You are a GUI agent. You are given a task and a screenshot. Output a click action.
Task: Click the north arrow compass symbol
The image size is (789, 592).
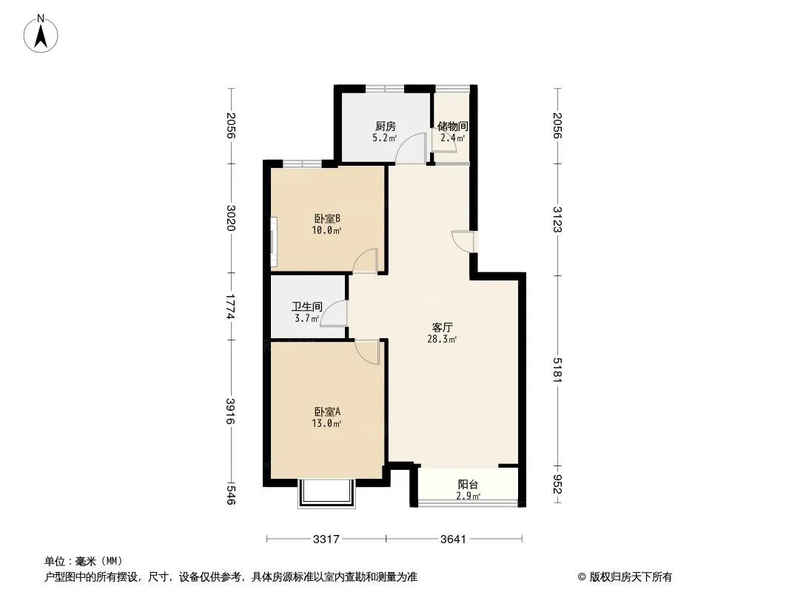(x=41, y=34)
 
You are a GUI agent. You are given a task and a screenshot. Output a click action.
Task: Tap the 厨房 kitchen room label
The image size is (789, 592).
(x=385, y=127)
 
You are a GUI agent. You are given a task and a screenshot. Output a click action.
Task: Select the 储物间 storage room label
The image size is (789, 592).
(x=452, y=126)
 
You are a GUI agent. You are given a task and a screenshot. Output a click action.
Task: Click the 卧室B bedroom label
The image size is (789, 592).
(x=327, y=219)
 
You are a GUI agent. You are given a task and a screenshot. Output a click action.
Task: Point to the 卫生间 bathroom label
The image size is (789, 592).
(x=307, y=306)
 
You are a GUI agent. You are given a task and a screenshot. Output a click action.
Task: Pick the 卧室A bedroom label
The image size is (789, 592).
(x=327, y=412)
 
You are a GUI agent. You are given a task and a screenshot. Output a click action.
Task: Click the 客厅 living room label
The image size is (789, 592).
(x=443, y=327)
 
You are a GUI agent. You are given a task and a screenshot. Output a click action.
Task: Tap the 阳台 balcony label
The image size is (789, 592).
(x=468, y=485)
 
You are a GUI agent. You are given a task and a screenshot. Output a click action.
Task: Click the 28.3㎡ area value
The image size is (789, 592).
(x=442, y=340)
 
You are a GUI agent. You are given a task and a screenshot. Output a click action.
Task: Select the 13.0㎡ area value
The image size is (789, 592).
(x=326, y=424)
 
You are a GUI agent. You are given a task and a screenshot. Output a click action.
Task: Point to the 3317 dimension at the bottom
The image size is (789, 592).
(x=326, y=539)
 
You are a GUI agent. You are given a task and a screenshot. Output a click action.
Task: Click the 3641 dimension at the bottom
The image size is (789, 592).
(x=453, y=539)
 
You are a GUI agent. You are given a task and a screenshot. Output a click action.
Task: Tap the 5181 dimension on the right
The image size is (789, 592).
(x=557, y=370)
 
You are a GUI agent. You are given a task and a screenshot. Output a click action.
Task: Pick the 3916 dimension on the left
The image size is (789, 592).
(x=230, y=411)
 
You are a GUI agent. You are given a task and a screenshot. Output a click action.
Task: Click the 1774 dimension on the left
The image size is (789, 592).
(x=230, y=306)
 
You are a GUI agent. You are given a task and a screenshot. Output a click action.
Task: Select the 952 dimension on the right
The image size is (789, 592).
(x=557, y=485)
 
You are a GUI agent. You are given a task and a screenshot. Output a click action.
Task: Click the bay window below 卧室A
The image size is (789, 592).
(x=327, y=493)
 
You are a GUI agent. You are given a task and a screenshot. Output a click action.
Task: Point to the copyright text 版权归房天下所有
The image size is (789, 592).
(x=630, y=577)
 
